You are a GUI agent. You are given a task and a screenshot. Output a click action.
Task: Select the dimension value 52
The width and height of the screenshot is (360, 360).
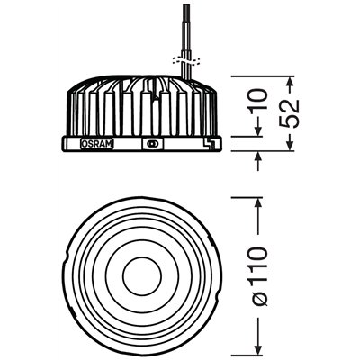pos(291,112)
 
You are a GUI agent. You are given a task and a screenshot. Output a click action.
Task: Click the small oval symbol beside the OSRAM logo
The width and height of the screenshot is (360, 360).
pos(151,143)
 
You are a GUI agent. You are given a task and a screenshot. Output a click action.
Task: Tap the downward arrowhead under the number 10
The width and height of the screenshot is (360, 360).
pos(259,132)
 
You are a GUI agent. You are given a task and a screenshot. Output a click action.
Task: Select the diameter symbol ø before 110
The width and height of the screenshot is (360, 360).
pos(259,297)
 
